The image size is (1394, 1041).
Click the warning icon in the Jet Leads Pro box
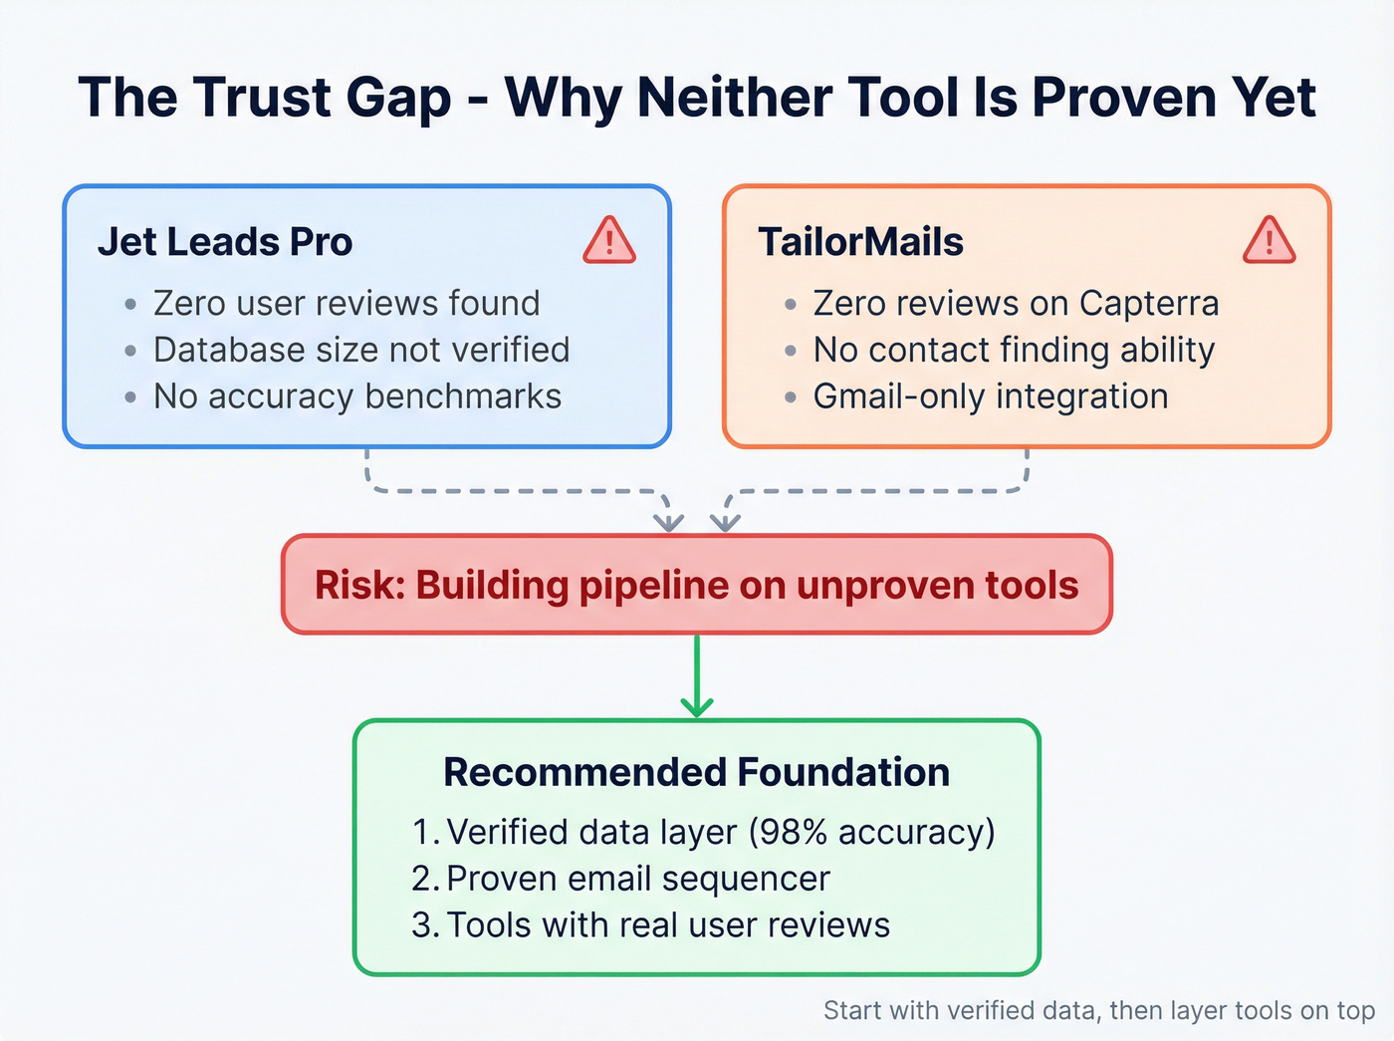click(609, 241)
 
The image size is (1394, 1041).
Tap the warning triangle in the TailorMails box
click(1269, 241)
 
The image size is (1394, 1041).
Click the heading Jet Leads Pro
click(225, 242)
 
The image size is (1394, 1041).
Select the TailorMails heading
click(860, 242)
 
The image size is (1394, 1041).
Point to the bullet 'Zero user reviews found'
click(346, 303)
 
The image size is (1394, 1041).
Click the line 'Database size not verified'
click(360, 350)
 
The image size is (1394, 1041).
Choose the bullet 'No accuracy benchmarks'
click(356, 396)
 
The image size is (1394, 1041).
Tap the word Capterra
click(1149, 303)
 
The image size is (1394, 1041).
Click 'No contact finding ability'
click(1014, 350)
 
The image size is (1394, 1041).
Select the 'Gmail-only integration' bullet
click(990, 396)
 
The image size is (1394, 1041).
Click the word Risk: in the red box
click(359, 585)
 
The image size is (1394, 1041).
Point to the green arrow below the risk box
click(697, 677)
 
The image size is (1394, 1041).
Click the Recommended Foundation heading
click(696, 772)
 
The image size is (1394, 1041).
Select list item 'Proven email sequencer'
click(637, 879)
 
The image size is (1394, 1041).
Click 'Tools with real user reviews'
click(667, 924)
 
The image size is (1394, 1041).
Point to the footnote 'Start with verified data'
click(961, 1010)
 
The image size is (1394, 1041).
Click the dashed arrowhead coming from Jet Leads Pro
click(669, 521)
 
